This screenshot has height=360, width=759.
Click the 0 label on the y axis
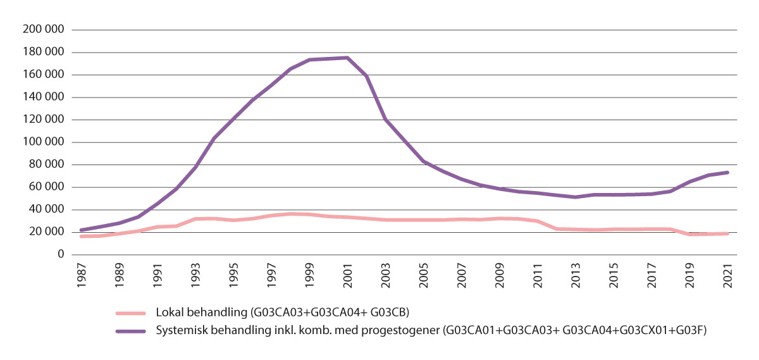pos(61,254)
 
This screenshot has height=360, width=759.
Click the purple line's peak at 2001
pos(347,58)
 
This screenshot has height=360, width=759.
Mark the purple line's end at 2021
pos(727,172)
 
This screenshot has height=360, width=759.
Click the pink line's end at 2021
pos(727,233)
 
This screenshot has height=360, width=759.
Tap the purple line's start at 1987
pos(82,230)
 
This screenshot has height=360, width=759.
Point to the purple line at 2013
pos(576,197)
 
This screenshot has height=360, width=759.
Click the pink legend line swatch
pos(132,313)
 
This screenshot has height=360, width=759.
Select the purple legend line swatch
pos(132,330)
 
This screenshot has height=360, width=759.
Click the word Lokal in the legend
pos(168,313)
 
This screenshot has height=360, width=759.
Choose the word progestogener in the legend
pos(407,330)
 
